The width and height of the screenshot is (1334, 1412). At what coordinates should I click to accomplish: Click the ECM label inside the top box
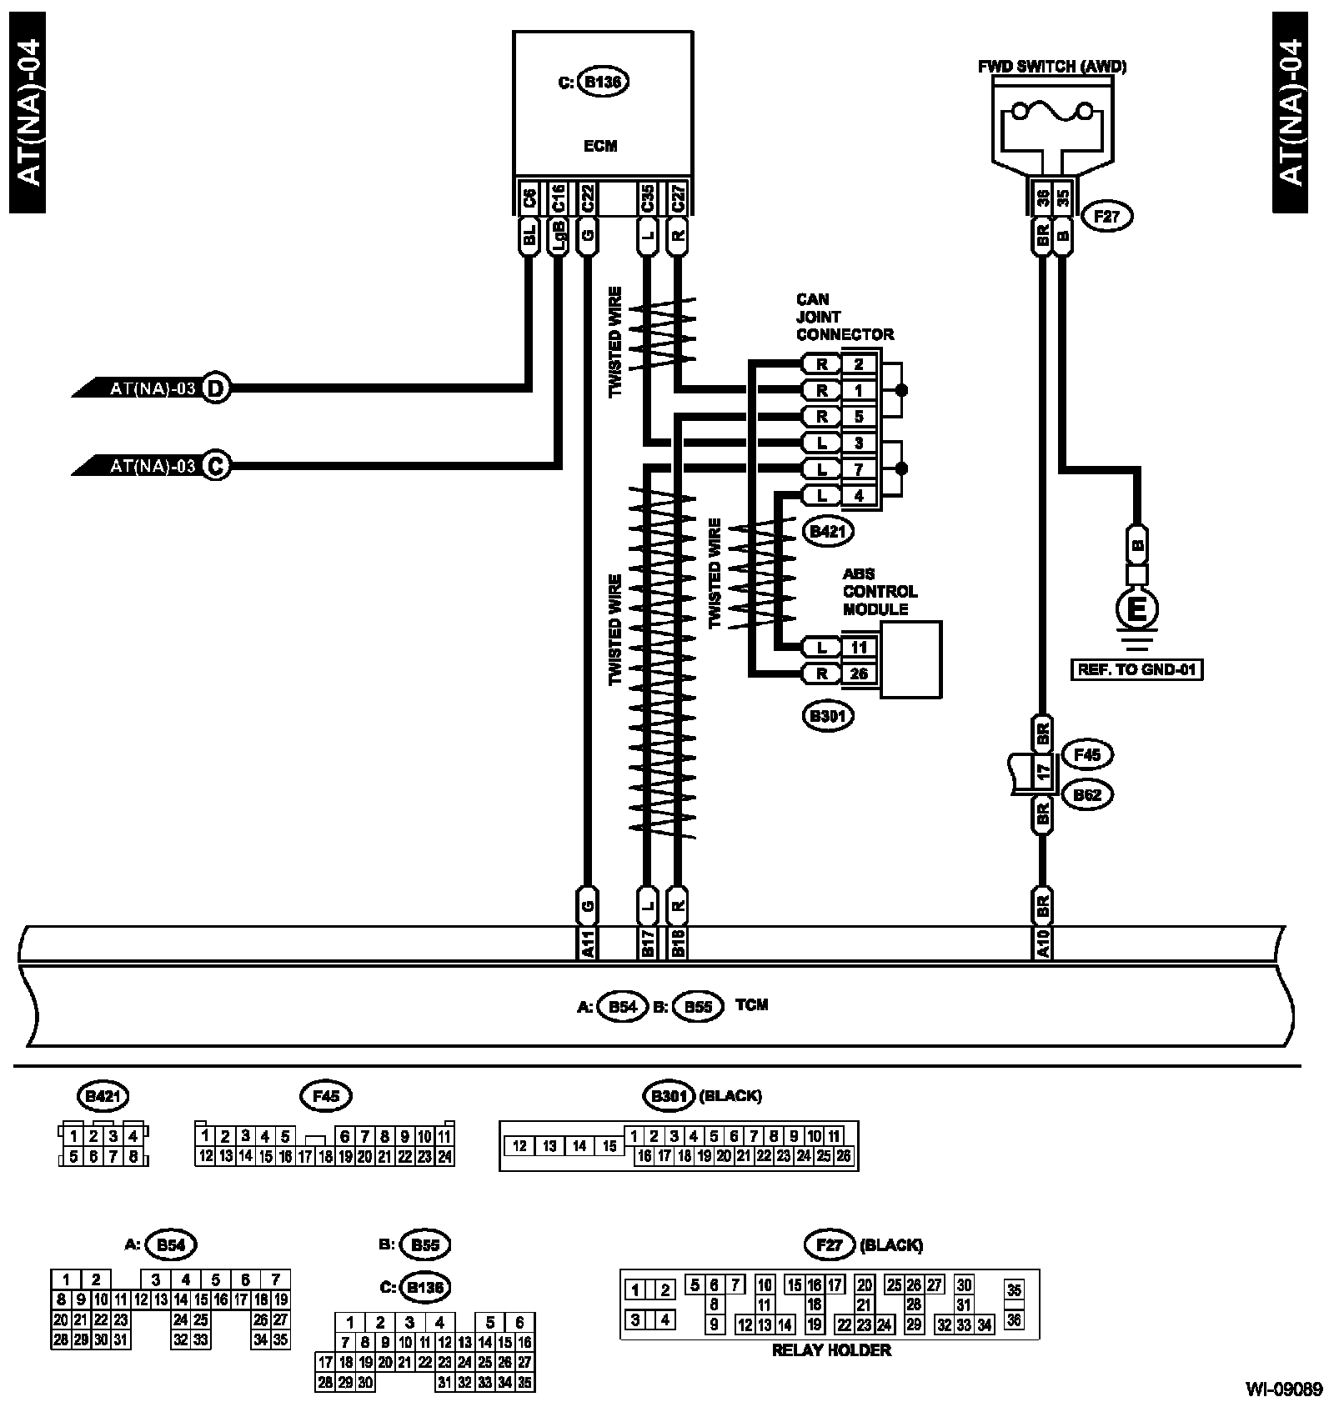(x=600, y=146)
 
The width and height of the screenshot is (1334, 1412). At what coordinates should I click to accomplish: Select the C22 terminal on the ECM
(x=588, y=198)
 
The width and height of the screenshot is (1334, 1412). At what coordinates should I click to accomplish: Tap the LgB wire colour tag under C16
(x=558, y=237)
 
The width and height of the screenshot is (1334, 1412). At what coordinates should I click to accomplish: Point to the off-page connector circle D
(x=216, y=388)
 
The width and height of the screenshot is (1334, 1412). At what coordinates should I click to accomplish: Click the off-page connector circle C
(x=216, y=465)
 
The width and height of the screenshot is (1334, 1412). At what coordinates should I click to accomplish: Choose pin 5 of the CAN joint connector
(x=859, y=416)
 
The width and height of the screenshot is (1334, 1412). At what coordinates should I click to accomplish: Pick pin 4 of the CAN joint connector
(x=859, y=495)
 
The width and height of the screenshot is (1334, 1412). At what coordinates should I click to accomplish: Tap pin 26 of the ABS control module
(x=859, y=673)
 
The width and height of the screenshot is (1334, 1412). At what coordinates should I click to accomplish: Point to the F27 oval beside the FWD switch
(x=1106, y=217)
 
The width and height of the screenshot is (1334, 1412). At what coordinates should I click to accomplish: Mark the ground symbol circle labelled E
(x=1137, y=610)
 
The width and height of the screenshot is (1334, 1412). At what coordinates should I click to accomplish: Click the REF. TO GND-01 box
(x=1137, y=668)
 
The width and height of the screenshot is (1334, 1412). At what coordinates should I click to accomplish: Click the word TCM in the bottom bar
(x=751, y=1005)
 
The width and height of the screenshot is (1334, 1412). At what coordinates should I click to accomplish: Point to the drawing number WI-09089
(x=1284, y=1389)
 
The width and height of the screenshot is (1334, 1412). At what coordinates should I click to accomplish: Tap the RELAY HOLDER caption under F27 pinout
(x=831, y=1350)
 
